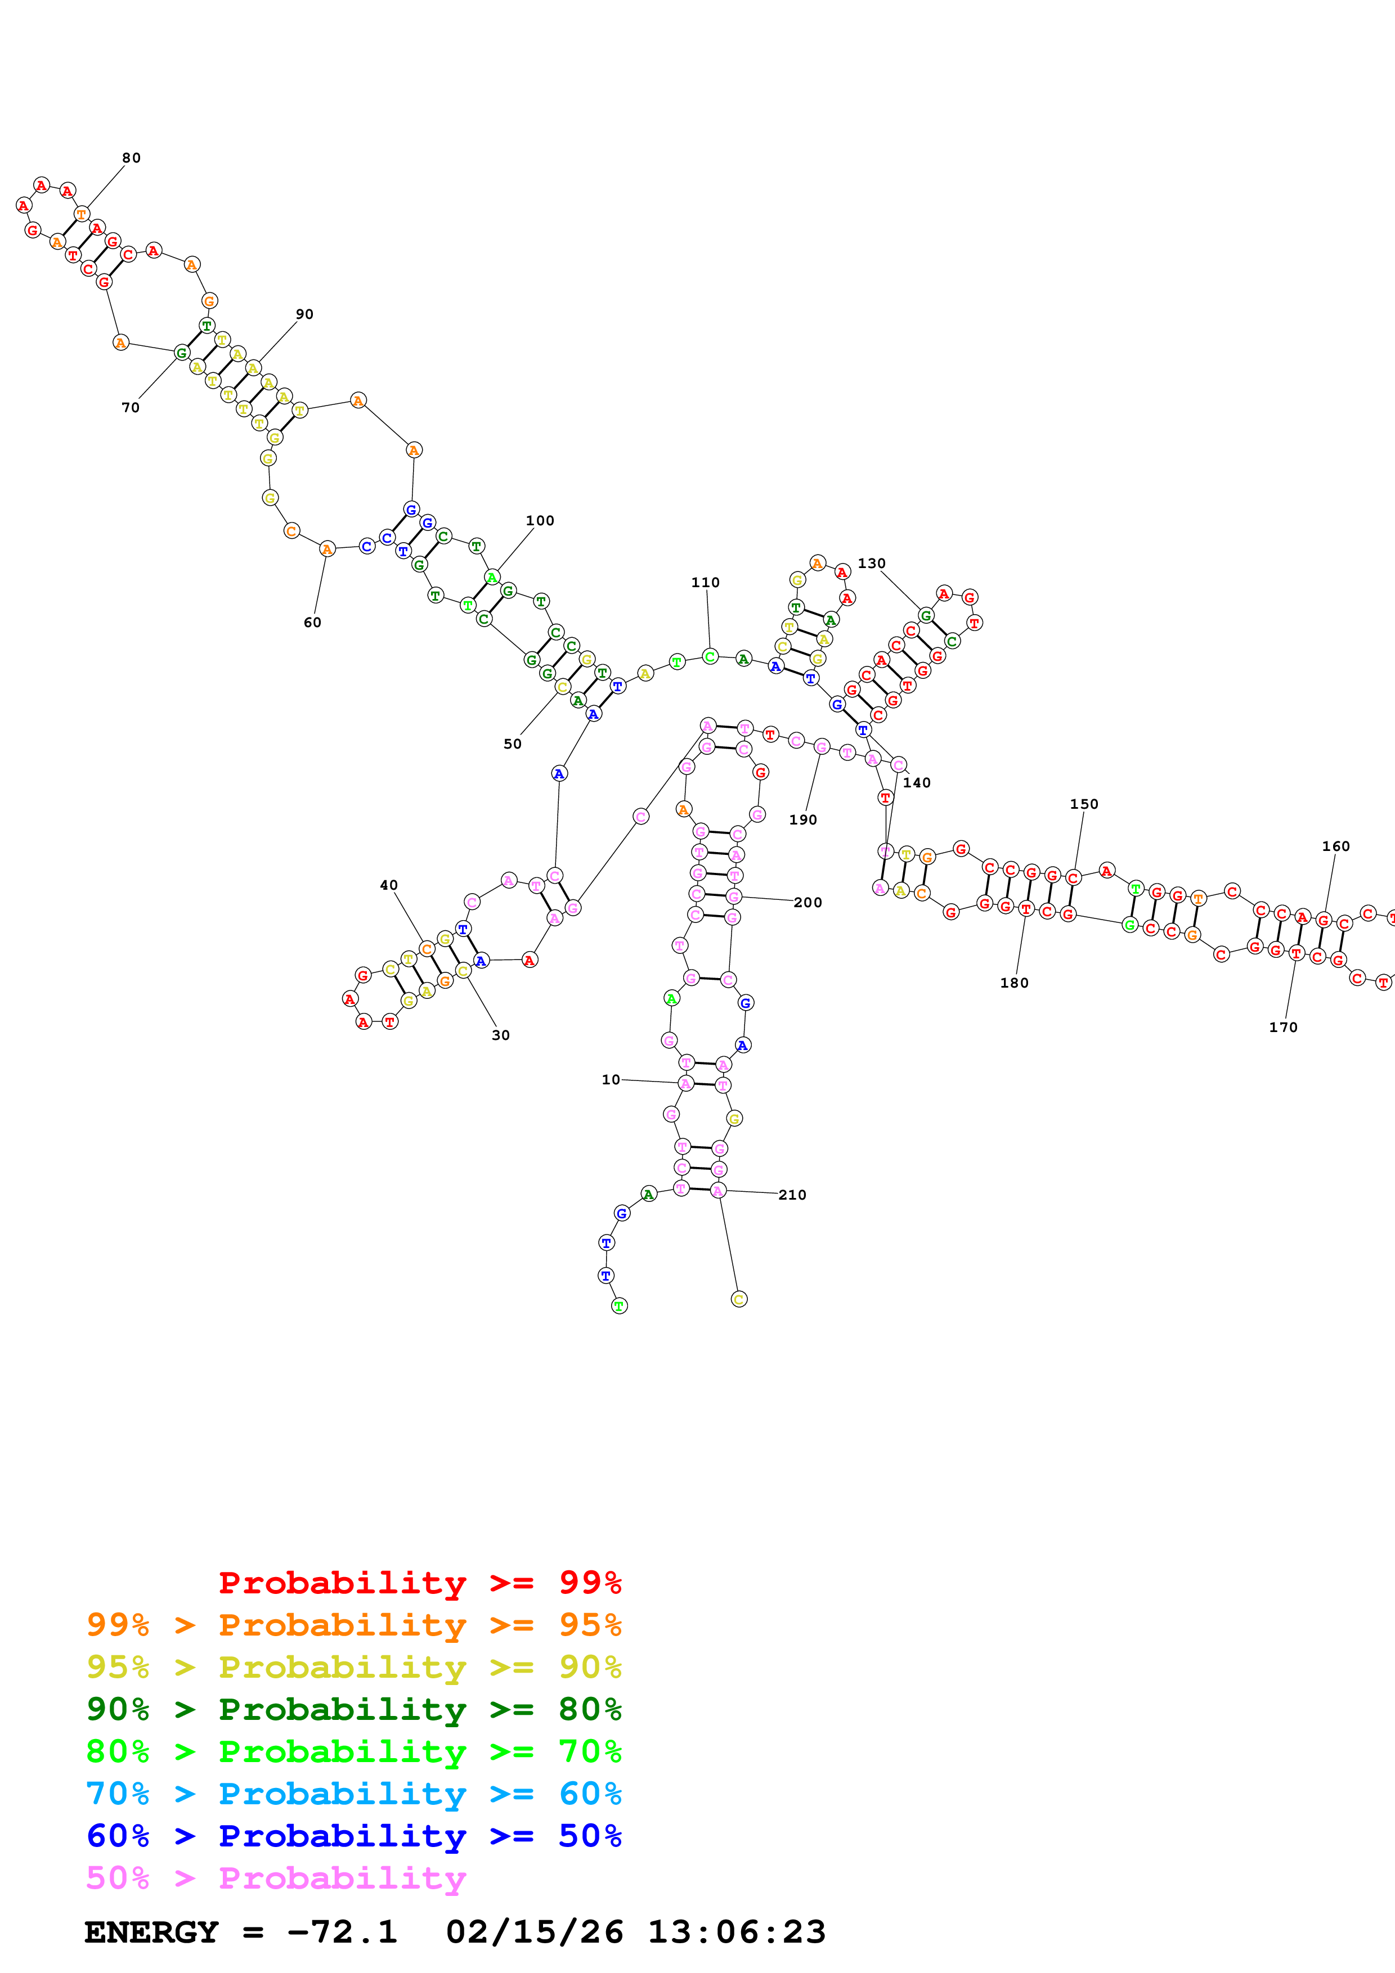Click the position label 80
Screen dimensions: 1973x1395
131,158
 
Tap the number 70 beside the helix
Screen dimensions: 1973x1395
131,407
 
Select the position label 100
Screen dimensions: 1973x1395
540,521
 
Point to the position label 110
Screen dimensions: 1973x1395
705,583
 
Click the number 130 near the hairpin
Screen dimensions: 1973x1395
871,564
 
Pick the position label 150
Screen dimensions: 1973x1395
1084,804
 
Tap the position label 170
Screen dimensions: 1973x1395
1282,1027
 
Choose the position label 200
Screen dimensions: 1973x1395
807,902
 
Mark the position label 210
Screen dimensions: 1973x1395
792,1195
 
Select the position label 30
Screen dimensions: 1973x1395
500,1035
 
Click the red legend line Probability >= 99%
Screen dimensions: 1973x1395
419,1583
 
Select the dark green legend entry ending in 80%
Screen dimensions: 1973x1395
353,1709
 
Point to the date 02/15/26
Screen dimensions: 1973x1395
534,1933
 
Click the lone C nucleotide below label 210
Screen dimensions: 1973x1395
738,1299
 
